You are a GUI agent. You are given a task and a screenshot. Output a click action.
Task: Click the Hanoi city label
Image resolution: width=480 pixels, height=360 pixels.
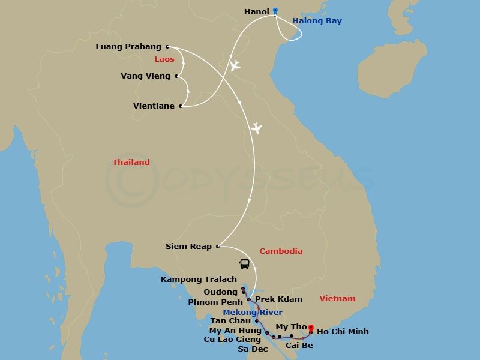[x=256, y=11]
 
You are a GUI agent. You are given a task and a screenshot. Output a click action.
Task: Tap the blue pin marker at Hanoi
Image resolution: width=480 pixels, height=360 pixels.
[x=275, y=10]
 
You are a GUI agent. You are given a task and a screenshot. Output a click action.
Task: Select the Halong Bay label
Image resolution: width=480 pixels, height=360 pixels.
[x=317, y=21]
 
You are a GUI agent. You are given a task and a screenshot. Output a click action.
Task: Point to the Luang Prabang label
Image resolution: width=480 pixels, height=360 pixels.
[x=128, y=47]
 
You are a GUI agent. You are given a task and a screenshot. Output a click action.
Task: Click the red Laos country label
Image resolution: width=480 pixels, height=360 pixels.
[x=164, y=59]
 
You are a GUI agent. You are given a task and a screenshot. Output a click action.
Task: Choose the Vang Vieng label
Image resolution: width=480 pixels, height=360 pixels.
[x=146, y=76]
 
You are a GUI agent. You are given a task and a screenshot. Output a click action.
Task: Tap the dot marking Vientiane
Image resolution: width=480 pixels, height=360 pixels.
[x=181, y=107]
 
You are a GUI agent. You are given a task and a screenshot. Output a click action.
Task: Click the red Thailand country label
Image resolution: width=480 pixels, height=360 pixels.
[x=131, y=163]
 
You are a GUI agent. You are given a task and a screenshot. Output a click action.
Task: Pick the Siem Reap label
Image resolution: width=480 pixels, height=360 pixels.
[x=188, y=246]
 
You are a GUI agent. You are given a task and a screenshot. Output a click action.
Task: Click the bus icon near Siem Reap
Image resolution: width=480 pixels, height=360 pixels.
[x=244, y=263]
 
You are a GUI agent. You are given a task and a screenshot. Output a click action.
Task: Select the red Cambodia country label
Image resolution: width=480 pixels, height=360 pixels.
[x=280, y=251]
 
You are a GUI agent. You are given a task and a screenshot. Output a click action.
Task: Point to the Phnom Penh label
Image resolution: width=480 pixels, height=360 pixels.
[x=215, y=302]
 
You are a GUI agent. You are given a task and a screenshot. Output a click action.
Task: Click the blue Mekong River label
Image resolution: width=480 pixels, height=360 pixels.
[x=252, y=313]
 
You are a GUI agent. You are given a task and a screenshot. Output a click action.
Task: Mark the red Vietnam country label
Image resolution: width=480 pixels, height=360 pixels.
[x=337, y=299]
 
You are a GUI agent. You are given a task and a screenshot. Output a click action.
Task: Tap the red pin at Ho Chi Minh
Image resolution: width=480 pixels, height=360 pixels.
[x=311, y=328]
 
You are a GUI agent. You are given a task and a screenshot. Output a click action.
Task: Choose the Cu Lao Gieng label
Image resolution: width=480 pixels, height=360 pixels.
[x=232, y=340]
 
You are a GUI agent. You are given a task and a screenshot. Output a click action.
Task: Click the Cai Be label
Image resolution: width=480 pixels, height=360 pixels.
[x=299, y=346]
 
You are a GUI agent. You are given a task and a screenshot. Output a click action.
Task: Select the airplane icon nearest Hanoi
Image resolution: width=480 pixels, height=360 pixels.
[x=234, y=65]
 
